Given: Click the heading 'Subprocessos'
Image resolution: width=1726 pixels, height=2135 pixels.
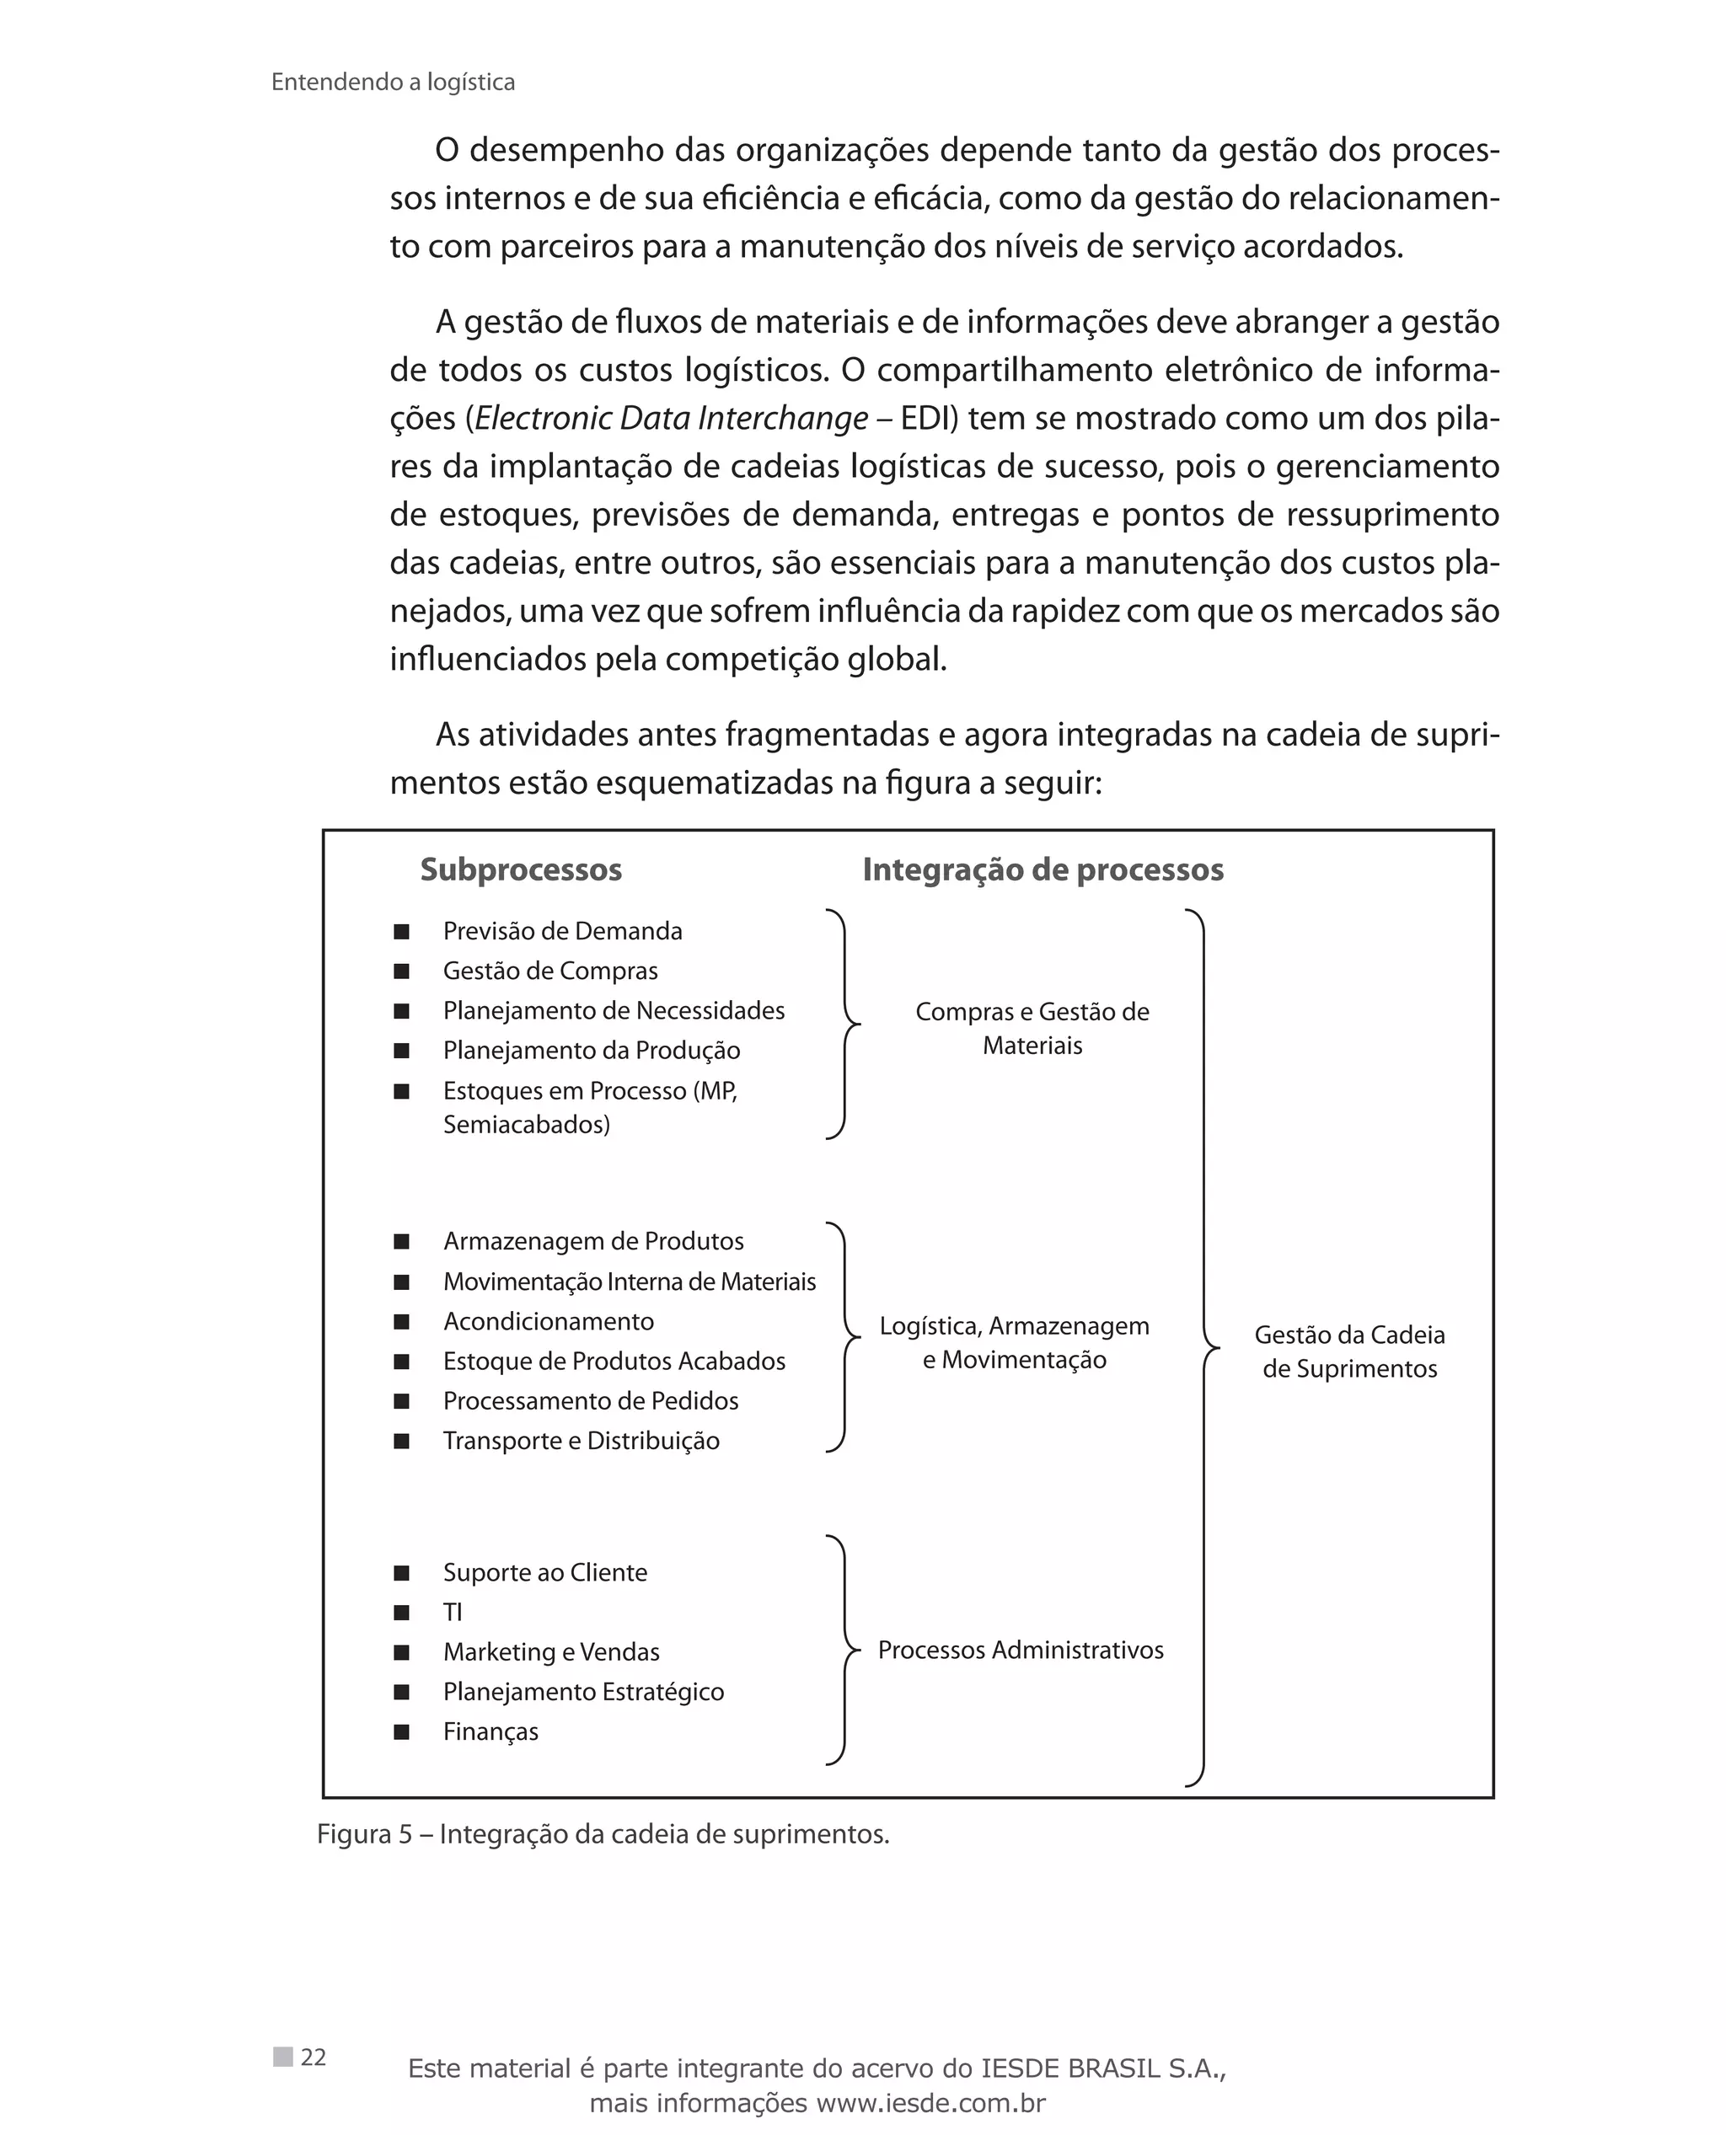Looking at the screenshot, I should point(521,870).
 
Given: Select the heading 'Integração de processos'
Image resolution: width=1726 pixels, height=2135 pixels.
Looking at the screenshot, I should point(1043,870).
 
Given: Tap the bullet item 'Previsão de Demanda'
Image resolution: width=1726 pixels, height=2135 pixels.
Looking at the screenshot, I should point(563,931).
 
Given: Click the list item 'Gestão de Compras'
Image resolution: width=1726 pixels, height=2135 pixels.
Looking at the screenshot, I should point(549,971).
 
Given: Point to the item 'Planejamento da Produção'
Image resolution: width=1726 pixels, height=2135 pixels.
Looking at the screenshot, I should point(592,1051).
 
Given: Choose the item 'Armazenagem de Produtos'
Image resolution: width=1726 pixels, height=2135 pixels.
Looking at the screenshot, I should point(593,1241).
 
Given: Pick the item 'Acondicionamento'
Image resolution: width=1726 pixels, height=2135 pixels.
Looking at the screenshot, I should point(549,1321).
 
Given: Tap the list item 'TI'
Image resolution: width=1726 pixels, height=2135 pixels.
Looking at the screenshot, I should point(453,1612).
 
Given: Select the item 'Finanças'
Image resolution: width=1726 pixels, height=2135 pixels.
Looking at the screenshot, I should point(491,1731).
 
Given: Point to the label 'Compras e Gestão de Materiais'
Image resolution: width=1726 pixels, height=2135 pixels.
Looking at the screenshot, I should point(1032,1029).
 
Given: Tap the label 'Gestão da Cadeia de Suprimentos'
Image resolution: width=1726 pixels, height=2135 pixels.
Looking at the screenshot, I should point(1349,1351).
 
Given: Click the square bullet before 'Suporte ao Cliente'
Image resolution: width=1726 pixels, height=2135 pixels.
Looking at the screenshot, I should point(402,1572).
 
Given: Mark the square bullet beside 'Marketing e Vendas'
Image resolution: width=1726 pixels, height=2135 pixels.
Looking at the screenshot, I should point(402,1652).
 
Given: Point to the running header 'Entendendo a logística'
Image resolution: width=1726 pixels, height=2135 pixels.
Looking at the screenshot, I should point(393,83).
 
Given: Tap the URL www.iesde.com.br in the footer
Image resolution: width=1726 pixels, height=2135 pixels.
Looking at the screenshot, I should point(930,2103).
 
